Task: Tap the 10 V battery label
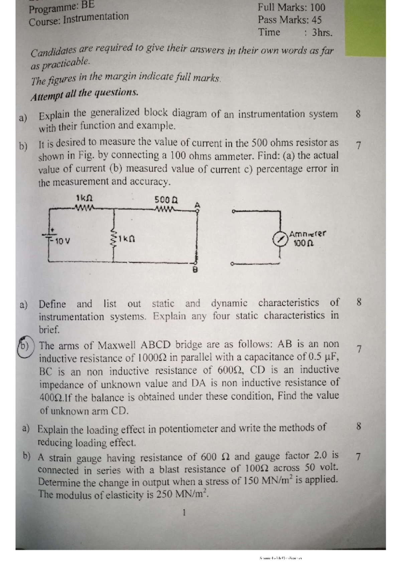[62, 241]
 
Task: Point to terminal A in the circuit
[197, 205]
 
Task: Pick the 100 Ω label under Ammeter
[303, 243]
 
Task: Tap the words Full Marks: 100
[291, 7]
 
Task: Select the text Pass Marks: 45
[289, 20]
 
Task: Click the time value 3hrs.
[322, 33]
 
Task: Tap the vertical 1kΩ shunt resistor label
[127, 239]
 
